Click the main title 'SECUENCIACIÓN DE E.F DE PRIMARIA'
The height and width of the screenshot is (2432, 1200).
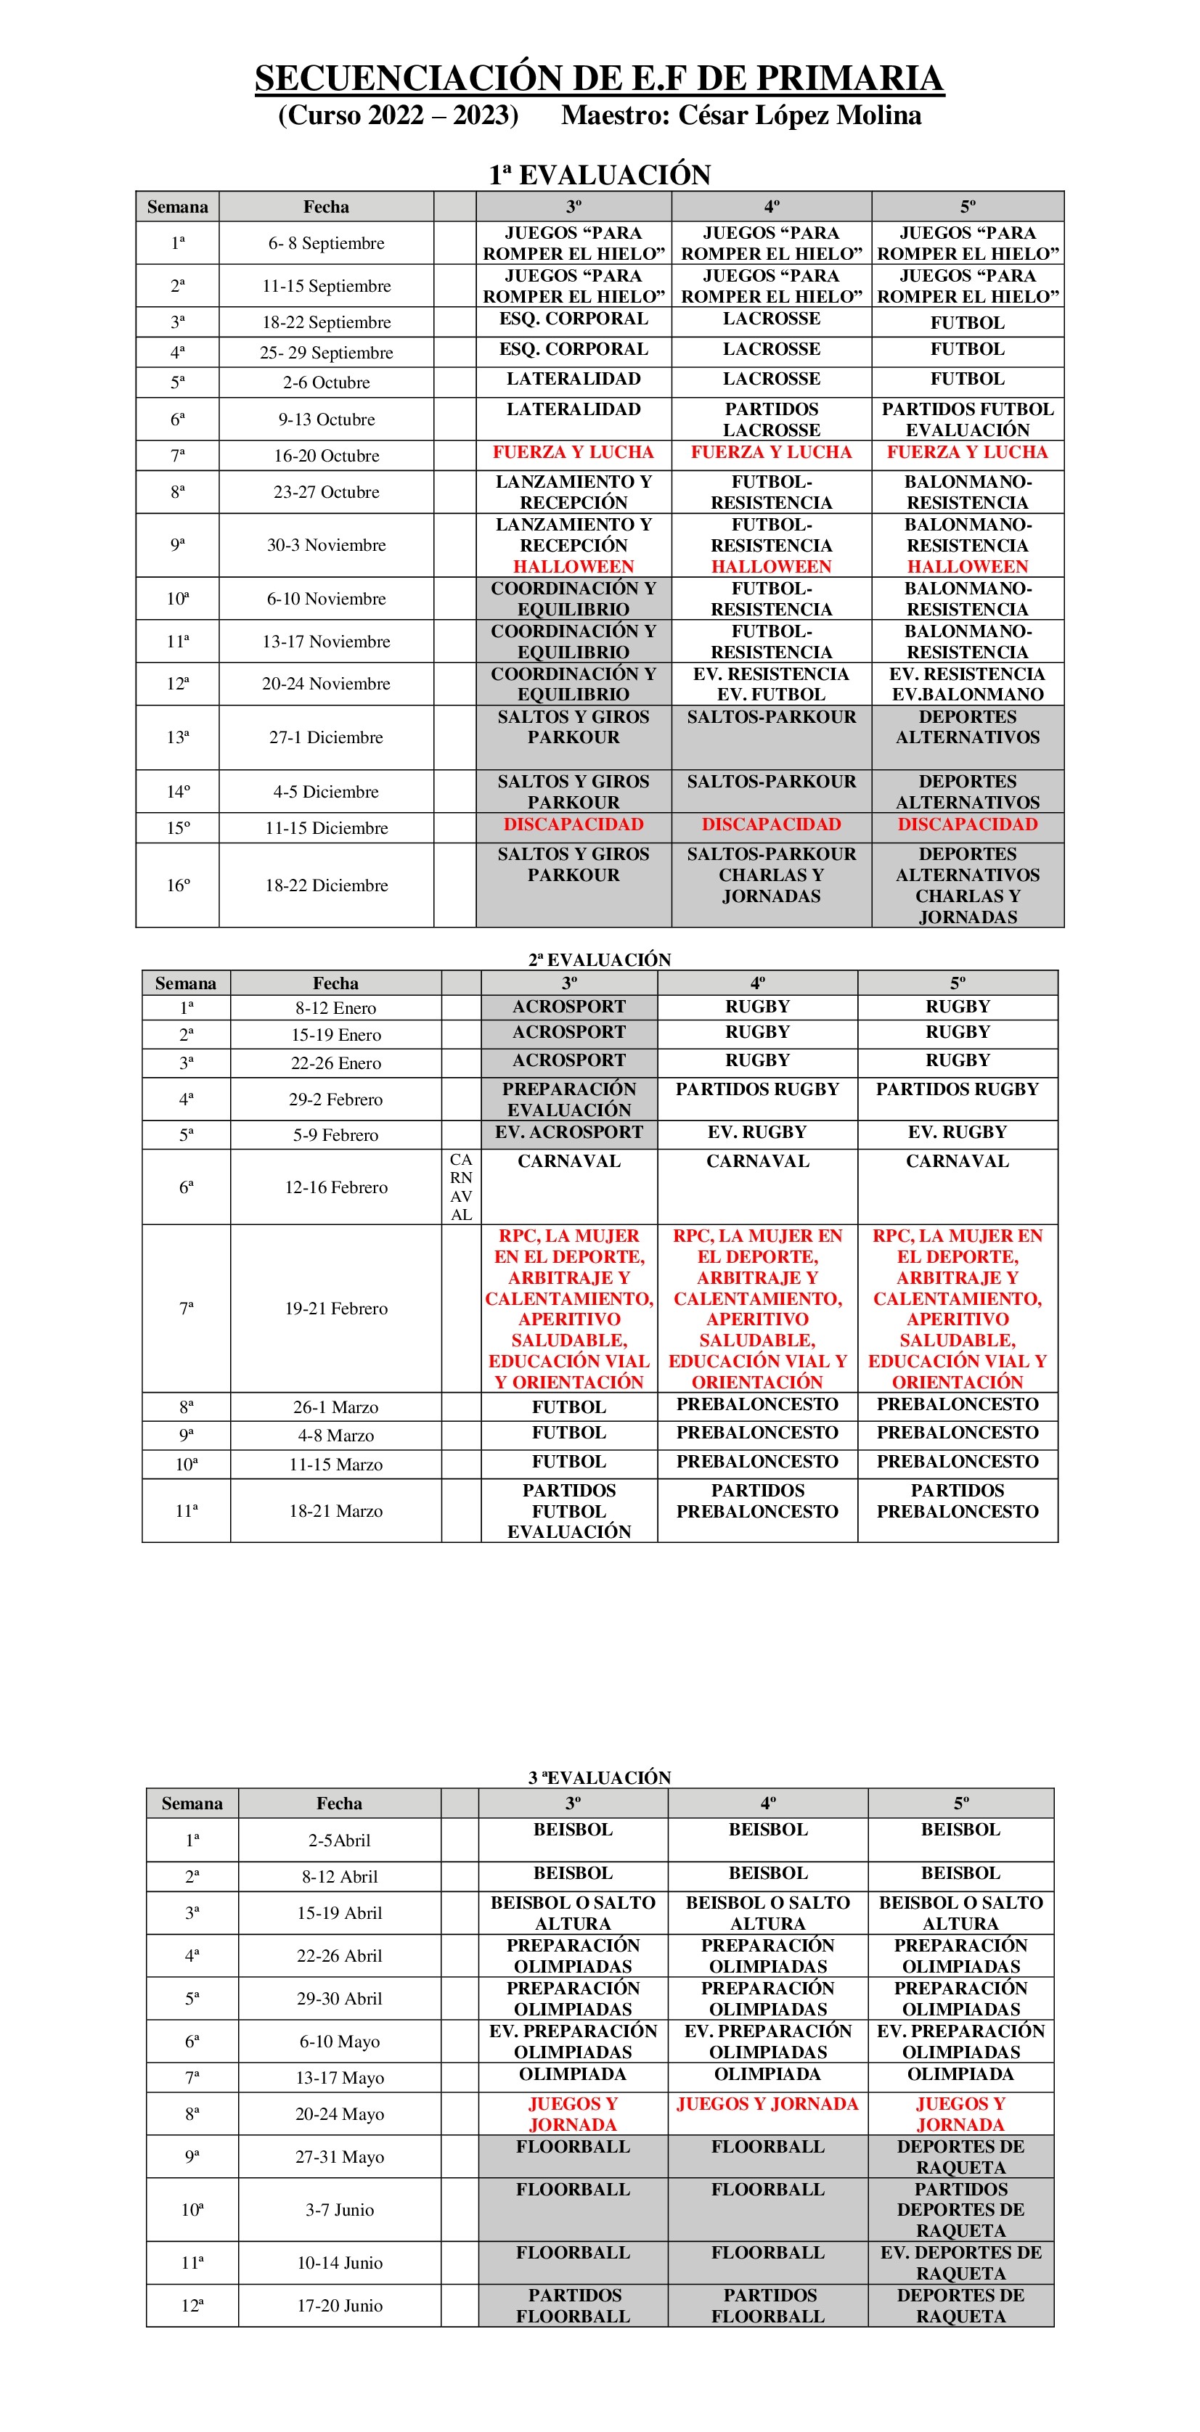click(599, 78)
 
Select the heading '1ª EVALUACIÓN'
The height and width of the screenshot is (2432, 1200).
click(599, 175)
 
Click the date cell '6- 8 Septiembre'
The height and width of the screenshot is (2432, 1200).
click(326, 242)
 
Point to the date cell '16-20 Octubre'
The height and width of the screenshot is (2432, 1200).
click(326, 455)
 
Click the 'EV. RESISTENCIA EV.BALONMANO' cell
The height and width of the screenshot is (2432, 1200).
click(967, 684)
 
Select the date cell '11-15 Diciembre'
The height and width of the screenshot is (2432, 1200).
click(326, 828)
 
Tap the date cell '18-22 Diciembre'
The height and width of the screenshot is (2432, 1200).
click(326, 885)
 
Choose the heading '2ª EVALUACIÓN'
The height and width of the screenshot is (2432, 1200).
click(599, 959)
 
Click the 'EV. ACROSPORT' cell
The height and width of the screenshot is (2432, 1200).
click(568, 1132)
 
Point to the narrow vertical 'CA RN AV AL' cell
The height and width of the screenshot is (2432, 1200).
click(461, 1187)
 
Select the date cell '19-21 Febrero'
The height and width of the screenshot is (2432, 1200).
click(336, 1308)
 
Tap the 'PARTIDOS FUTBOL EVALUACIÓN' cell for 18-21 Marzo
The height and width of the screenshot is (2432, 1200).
click(568, 1510)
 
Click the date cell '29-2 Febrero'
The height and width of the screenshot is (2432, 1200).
click(336, 1099)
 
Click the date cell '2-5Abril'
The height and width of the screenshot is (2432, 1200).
click(339, 1840)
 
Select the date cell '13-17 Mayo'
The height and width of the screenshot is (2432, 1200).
click(339, 2077)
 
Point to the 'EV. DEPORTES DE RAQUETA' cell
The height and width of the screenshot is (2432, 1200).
click(960, 2262)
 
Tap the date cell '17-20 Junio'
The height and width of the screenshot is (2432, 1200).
click(339, 2306)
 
